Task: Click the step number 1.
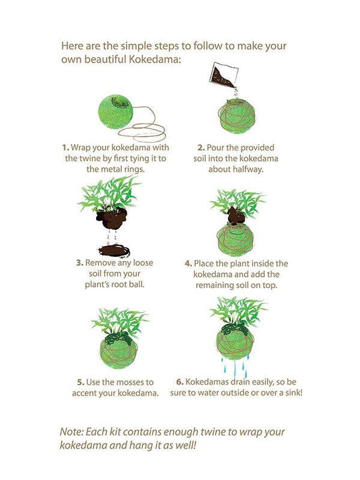pos(65,148)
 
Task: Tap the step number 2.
pos(201,148)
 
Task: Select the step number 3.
pos(80,263)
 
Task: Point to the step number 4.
pos(188,263)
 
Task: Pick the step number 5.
pos(80,382)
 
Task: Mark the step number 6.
pos(179,382)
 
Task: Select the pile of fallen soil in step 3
pos(115,250)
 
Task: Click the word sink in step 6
pos(293,392)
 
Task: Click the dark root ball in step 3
pos(112,217)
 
